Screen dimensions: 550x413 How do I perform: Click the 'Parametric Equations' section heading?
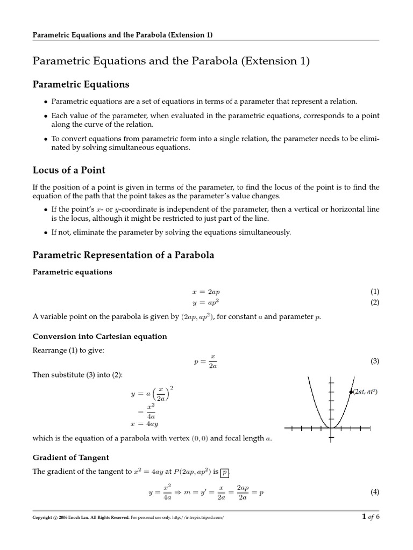click(81, 84)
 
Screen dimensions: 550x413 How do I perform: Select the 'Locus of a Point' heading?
click(69, 170)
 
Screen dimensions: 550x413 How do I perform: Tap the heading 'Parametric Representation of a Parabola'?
click(123, 255)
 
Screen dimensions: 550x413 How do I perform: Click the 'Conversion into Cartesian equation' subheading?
click(99, 336)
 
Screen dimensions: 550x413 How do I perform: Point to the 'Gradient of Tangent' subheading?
click(70, 458)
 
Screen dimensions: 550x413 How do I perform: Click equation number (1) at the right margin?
click(375, 292)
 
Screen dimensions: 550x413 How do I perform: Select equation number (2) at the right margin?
click(375, 302)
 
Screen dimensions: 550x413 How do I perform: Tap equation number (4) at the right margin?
click(375, 492)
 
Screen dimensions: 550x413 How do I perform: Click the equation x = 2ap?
click(206, 292)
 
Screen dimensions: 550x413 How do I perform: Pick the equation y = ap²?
click(206, 302)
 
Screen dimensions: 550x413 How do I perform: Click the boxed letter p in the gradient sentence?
click(225, 473)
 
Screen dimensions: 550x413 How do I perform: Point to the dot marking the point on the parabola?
click(351, 392)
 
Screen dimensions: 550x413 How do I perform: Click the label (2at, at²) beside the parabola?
click(366, 392)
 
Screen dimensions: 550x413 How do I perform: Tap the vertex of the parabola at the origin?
click(331, 428)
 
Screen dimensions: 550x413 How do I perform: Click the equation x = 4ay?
click(144, 423)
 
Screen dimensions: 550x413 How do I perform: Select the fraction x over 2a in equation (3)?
click(212, 361)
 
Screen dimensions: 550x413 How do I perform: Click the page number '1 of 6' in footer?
click(371, 517)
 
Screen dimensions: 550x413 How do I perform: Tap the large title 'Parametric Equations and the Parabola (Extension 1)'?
click(171, 61)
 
